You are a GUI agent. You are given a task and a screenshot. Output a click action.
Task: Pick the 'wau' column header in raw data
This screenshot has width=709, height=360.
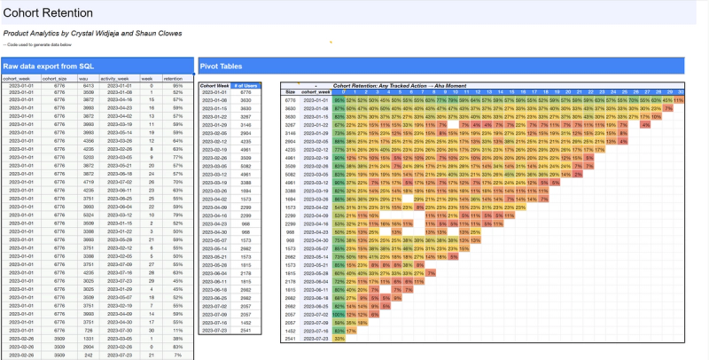click(x=87, y=78)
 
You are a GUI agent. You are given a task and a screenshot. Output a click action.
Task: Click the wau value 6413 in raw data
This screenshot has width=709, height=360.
click(x=87, y=85)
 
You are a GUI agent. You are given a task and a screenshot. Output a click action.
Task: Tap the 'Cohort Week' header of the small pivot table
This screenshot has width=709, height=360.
click(x=215, y=85)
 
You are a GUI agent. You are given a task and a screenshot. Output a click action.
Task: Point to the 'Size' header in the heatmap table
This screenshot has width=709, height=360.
click(x=290, y=91)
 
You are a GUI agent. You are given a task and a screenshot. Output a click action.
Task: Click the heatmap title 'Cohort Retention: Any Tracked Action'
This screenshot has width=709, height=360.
click(x=386, y=85)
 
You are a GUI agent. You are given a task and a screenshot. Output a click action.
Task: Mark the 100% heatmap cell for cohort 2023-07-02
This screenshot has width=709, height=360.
click(x=339, y=339)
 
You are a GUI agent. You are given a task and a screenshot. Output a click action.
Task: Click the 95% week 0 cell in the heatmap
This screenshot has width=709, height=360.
click(x=339, y=100)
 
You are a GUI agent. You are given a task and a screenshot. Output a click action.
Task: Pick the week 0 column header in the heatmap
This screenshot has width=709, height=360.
click(x=339, y=91)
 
